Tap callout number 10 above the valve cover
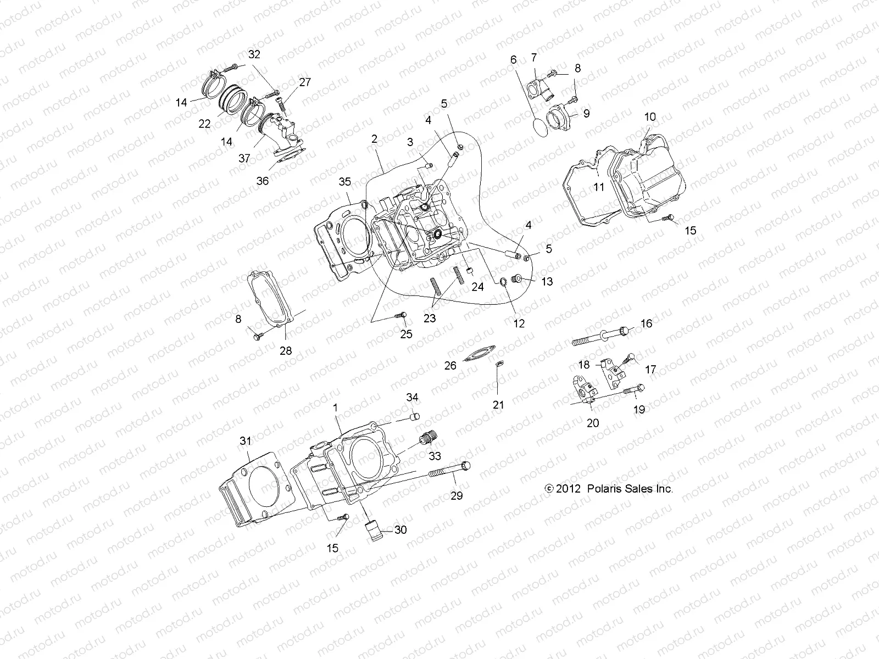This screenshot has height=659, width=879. [650, 117]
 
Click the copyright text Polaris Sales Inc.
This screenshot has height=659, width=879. [609, 489]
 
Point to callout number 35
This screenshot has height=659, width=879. [344, 182]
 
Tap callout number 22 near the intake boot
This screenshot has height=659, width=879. [204, 124]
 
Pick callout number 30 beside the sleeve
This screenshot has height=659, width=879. [400, 530]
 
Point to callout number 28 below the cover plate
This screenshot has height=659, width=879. [286, 351]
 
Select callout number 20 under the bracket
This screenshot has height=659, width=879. [593, 423]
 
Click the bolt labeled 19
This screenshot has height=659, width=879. [634, 390]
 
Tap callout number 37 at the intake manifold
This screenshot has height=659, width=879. [244, 158]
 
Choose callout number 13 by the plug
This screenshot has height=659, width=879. [547, 282]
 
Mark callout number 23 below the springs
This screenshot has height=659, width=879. [430, 318]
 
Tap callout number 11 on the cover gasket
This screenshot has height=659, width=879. [599, 187]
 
